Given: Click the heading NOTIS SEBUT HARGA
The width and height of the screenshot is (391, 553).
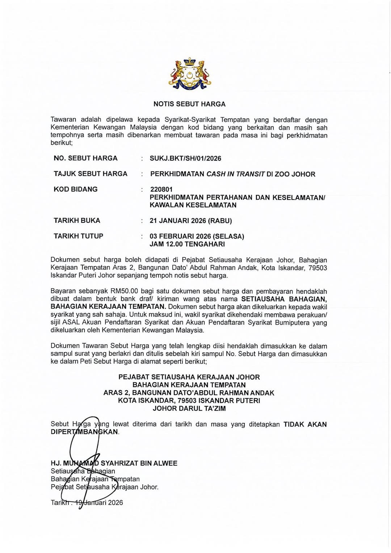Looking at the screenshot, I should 189,104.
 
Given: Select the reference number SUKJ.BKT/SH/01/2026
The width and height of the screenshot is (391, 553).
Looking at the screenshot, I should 185,158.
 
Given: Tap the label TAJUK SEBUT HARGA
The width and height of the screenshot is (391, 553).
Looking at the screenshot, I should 91,174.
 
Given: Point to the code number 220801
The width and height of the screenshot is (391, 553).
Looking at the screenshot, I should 161,190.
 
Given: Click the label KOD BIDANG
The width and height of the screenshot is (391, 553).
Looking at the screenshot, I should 76,190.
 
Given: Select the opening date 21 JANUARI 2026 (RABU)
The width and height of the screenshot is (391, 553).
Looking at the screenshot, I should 191,221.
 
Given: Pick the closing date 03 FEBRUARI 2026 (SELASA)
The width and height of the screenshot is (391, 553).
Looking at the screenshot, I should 197,237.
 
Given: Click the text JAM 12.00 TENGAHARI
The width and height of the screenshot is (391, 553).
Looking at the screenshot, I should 187,244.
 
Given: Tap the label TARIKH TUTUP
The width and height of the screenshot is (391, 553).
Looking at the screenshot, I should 79,236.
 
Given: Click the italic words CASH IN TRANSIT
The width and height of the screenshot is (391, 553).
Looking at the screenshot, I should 235,174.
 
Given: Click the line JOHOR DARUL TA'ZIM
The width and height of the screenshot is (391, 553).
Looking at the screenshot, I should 189,409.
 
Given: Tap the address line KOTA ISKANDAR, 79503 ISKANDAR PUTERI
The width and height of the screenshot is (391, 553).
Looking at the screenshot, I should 189,401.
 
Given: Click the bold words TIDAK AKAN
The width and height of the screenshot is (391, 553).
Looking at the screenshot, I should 305,424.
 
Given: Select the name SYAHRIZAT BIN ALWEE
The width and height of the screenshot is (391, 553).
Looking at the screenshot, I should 139,463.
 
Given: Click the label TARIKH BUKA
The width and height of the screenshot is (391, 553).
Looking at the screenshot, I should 77,221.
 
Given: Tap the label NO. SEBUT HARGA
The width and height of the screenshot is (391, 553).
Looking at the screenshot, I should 86,158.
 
